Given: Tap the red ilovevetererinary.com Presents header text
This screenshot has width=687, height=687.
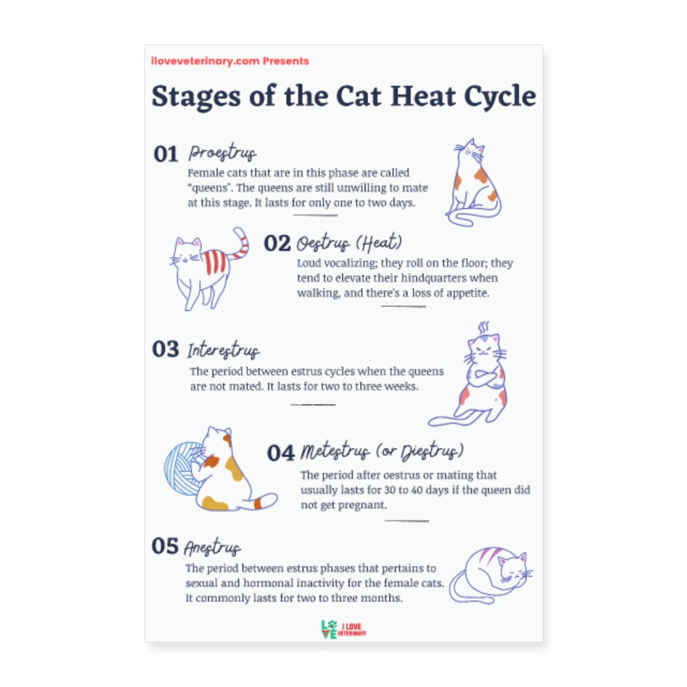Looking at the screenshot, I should click(230, 61).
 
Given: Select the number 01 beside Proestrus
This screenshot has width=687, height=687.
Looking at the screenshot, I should click(166, 155).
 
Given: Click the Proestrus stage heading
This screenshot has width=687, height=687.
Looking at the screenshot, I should click(223, 153).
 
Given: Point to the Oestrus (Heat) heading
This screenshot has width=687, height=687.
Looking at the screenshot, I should click(349, 244).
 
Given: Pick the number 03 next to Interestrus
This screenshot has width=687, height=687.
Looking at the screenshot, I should click(166, 350).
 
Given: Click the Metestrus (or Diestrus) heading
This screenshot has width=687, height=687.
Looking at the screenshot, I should click(382, 452).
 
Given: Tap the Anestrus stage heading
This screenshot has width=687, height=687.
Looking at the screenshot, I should click(212, 548).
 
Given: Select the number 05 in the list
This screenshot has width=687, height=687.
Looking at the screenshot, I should click(166, 546).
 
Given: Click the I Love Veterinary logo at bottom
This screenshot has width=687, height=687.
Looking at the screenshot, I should click(343, 629).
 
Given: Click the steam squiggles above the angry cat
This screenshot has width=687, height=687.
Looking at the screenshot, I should click(484, 326).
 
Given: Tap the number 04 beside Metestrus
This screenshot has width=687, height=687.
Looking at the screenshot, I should click(280, 453).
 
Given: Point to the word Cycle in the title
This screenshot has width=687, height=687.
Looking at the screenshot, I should click(499, 97).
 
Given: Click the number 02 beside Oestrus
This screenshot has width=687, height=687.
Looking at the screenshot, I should click(278, 244).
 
